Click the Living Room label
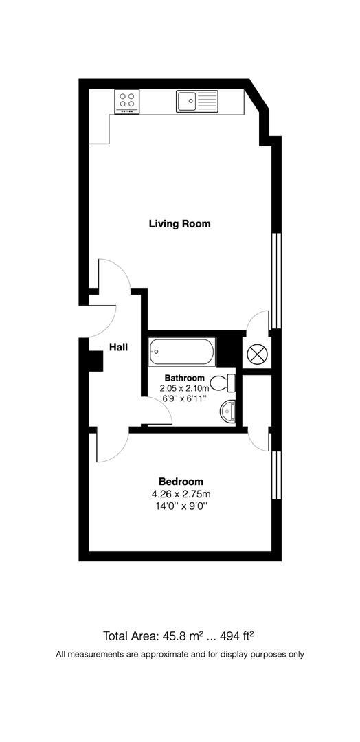179,223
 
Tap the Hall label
118,348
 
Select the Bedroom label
181,481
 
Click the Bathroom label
184,378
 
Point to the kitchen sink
196,100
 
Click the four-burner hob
128,102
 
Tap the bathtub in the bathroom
182,352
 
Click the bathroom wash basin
227,412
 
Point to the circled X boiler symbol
257,354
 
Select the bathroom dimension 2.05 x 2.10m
184,388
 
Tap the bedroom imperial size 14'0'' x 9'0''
181,506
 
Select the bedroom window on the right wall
275,475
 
